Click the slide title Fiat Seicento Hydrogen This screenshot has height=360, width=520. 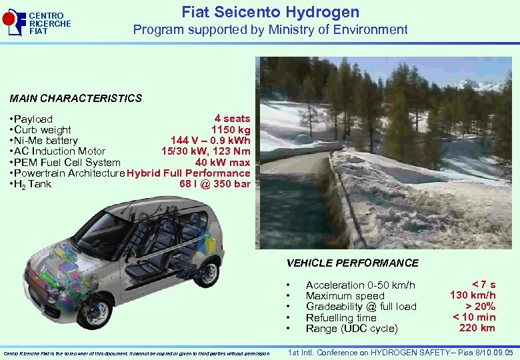click(x=270, y=12)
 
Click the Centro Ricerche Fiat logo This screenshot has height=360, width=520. click(x=37, y=23)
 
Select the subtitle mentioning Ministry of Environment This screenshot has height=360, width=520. click(x=270, y=29)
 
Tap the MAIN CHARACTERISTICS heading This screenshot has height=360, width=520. click(x=76, y=98)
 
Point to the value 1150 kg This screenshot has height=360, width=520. click(x=231, y=129)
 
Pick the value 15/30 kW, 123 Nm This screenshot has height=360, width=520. click(x=205, y=151)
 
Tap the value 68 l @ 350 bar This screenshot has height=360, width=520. click(x=215, y=183)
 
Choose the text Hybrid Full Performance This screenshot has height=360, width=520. click(x=188, y=173)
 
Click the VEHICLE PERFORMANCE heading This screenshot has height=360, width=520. click(x=352, y=263)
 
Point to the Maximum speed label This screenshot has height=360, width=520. click(x=345, y=296)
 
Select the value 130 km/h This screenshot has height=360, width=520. click(x=473, y=295)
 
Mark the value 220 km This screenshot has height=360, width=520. click(x=477, y=327)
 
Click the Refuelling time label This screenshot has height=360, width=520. click(x=341, y=318)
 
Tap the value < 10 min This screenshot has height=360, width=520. click(x=474, y=317)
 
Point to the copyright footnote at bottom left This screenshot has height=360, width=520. click(x=137, y=353)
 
